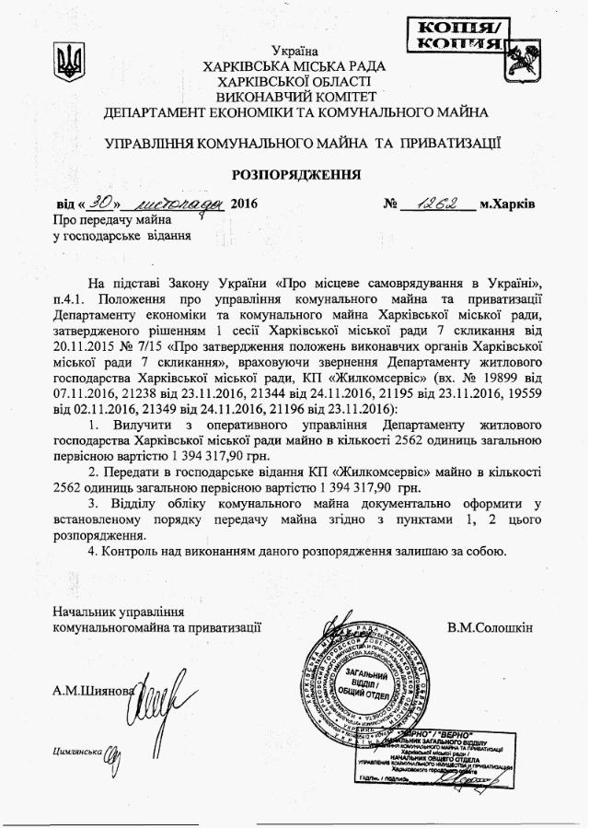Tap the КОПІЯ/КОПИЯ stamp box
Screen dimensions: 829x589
pyautogui.click(x=456, y=35)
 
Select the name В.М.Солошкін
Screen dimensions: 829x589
pyautogui.click(x=491, y=628)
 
